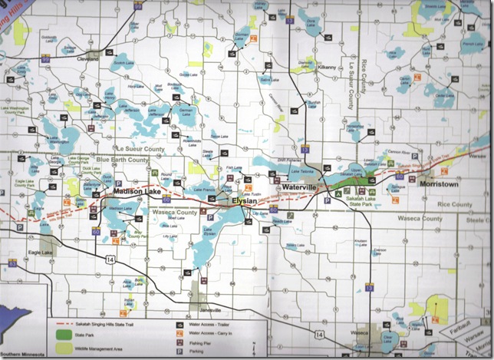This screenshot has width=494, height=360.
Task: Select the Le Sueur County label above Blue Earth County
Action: point(141,149)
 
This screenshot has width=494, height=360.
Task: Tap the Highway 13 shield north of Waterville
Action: point(305,146)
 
